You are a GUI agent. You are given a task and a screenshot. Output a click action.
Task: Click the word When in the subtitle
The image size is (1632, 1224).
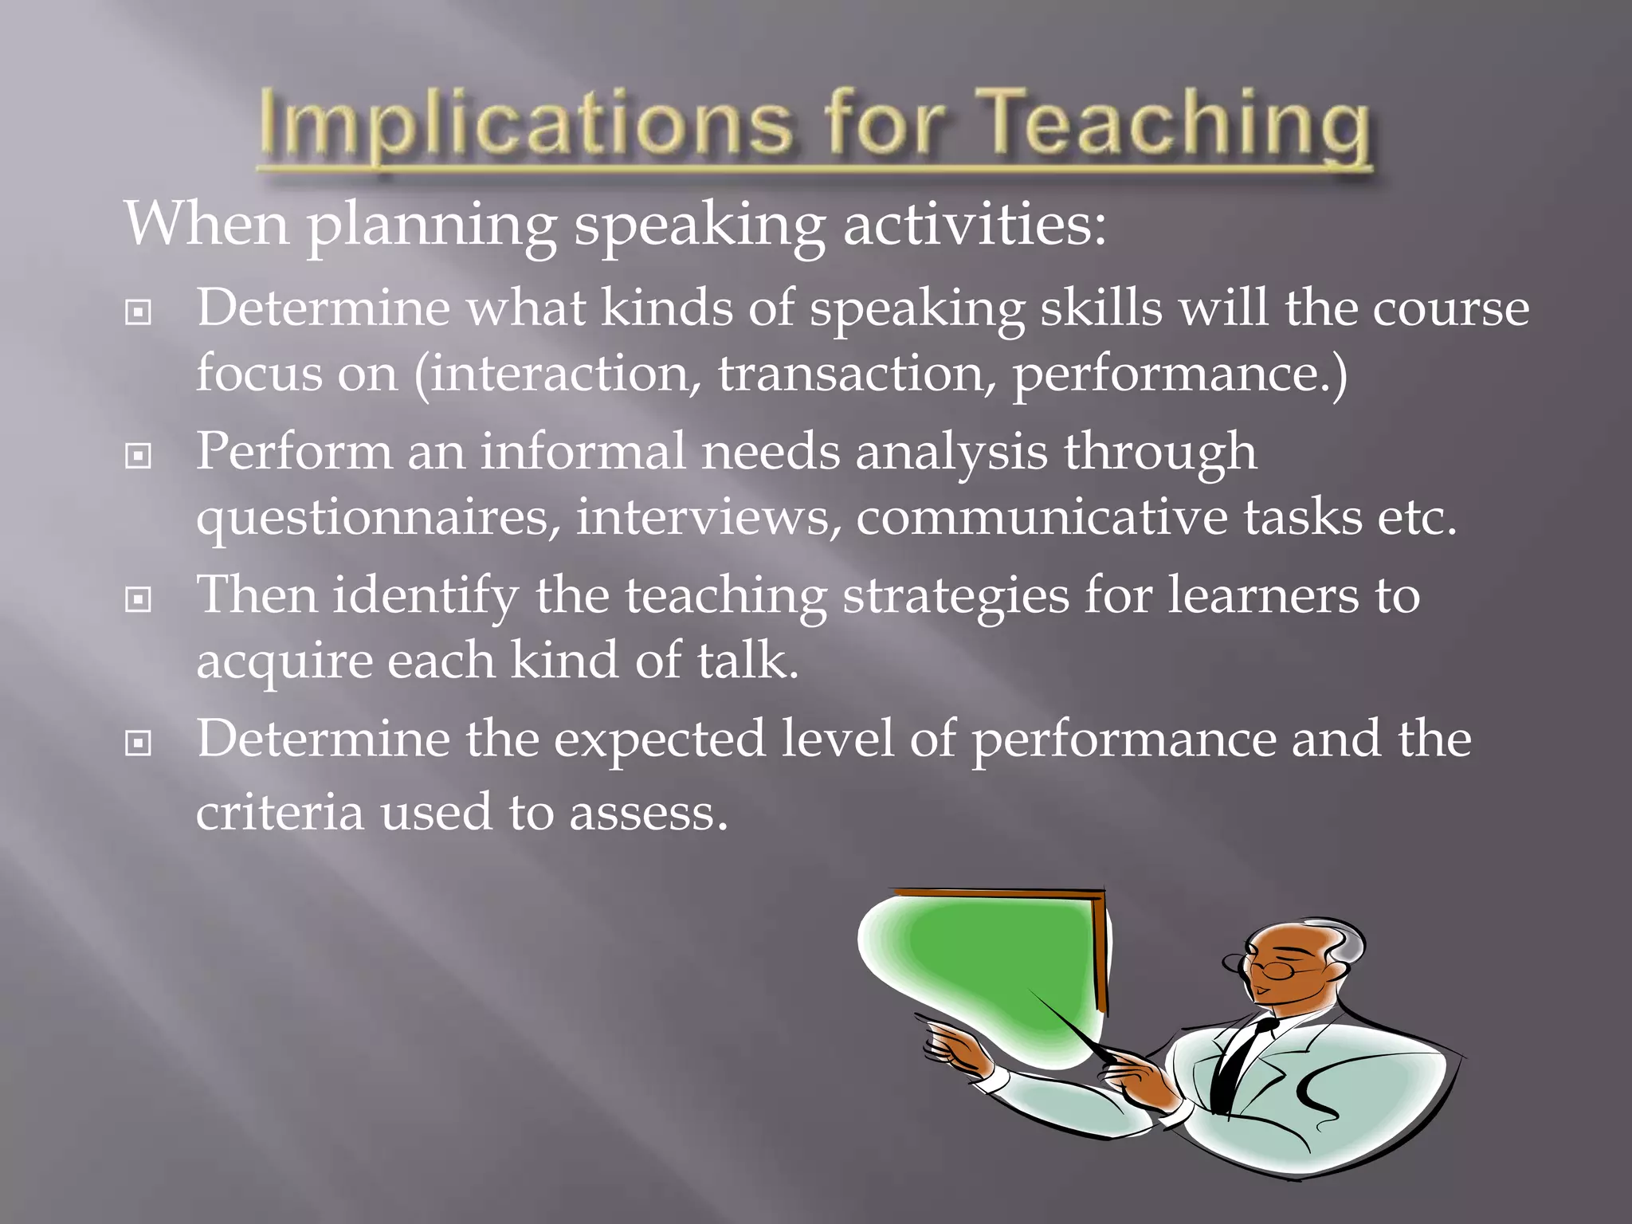pos(206,224)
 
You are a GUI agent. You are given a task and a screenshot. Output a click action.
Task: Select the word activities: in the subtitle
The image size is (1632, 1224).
pos(974,224)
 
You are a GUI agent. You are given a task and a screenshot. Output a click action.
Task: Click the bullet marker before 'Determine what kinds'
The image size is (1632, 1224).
pos(139,313)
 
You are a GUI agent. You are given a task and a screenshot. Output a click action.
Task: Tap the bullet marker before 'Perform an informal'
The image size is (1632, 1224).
pos(139,457)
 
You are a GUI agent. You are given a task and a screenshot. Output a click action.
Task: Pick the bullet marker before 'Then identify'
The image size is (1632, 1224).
pos(139,600)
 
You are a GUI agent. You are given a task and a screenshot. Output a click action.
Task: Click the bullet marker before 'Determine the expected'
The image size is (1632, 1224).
pos(139,744)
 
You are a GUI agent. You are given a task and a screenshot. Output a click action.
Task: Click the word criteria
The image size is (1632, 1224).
pos(279,813)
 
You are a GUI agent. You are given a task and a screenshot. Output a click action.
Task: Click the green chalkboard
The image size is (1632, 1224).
pos(996,964)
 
